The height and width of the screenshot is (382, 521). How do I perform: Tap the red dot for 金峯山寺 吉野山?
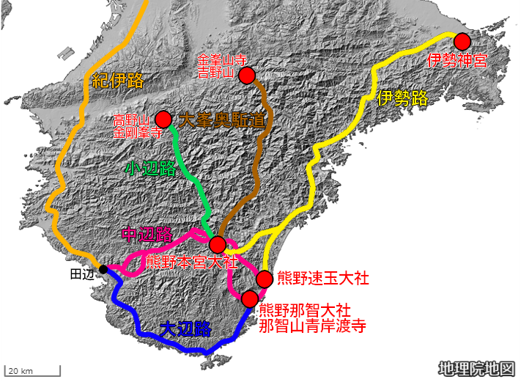247,76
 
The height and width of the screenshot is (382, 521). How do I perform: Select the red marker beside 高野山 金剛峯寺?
163,119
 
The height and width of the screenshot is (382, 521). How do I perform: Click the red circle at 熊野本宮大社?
218,245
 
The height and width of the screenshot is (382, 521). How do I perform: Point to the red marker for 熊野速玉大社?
265,279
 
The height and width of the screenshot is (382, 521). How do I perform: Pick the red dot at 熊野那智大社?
250,298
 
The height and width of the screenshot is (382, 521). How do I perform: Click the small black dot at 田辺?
103,269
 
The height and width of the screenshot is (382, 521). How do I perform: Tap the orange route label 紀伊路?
117,81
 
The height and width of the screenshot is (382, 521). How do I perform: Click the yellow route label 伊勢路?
402,99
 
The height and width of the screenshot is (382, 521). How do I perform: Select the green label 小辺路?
150,168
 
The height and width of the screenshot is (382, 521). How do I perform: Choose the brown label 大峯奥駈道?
221,120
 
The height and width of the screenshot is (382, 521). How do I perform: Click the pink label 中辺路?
147,235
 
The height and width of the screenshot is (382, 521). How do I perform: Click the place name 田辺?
82,273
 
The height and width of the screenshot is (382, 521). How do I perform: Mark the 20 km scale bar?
33,372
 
